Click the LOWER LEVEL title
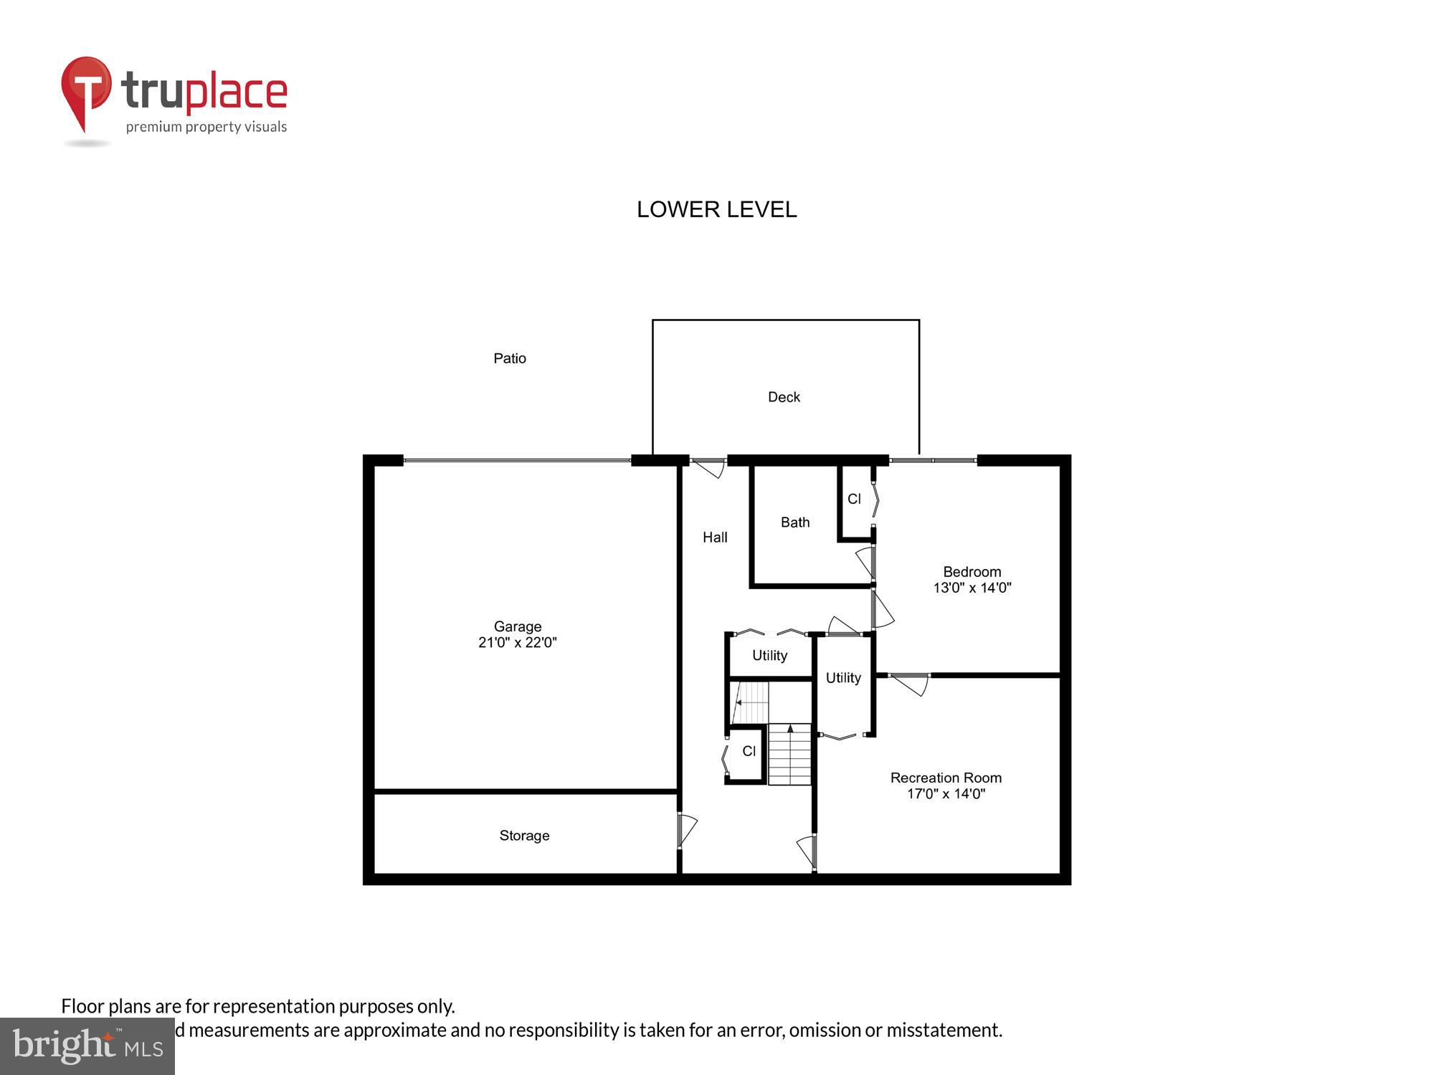click(716, 209)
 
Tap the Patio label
click(510, 358)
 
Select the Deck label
click(784, 397)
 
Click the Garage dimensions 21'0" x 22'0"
click(517, 643)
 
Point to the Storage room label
click(524, 836)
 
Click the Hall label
click(715, 537)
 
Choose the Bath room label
click(795, 522)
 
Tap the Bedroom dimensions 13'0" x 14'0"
click(972, 588)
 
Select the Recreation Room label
click(946, 778)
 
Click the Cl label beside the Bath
click(854, 499)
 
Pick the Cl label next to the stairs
click(749, 751)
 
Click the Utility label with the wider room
click(769, 655)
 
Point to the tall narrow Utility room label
click(843, 678)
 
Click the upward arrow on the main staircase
click(790, 730)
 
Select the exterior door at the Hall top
click(709, 467)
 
